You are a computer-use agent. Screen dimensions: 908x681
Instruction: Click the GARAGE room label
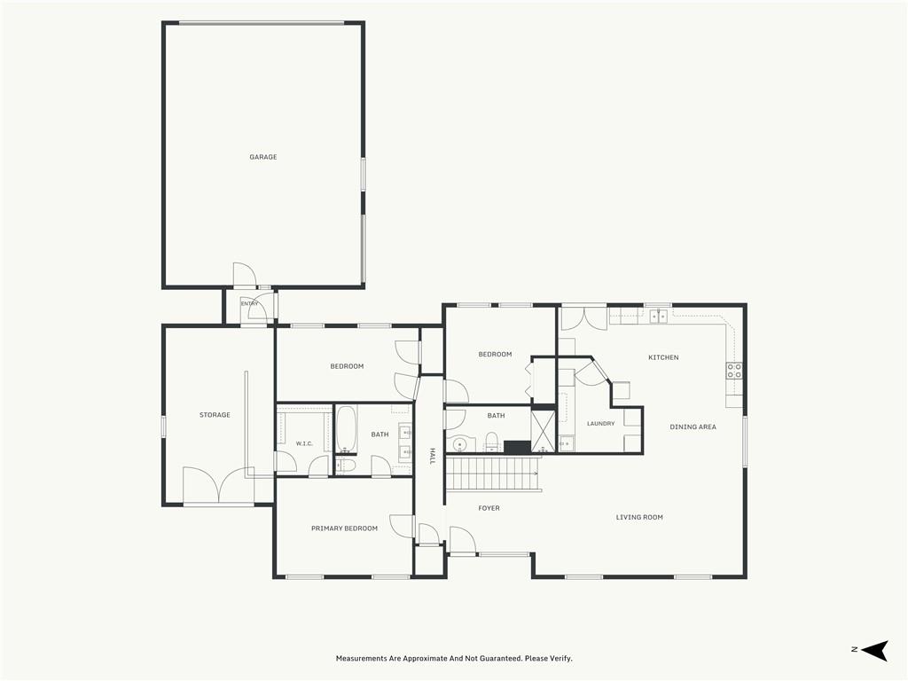click(262, 157)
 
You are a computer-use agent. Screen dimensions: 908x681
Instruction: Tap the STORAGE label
click(215, 415)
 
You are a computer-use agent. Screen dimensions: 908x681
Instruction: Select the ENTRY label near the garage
click(249, 303)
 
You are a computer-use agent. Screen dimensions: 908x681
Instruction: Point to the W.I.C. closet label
click(304, 443)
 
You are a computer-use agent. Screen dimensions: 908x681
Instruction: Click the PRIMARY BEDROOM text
click(345, 528)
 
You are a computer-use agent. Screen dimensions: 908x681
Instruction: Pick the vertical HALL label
click(432, 456)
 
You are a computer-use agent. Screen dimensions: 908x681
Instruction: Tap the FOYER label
click(489, 508)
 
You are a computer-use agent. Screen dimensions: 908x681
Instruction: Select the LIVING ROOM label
click(639, 517)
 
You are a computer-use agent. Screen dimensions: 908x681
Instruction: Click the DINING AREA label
click(693, 427)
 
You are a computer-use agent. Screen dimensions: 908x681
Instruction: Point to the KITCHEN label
click(663, 357)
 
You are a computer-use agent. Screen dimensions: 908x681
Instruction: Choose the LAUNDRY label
click(600, 423)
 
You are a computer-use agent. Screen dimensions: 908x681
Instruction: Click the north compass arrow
click(874, 650)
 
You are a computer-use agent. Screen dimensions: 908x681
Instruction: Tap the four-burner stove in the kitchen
click(734, 371)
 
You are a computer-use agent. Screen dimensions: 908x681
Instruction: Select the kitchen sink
click(658, 317)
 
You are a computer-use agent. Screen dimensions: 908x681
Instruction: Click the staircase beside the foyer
click(493, 474)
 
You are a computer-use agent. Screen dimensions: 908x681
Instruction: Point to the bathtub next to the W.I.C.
click(347, 429)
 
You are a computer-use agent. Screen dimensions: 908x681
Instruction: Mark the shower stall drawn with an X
click(543, 430)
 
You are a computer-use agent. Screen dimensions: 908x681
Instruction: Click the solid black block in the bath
click(517, 447)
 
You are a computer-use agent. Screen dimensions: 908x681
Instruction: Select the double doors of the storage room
click(218, 484)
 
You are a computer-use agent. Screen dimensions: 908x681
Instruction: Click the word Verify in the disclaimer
click(560, 659)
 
